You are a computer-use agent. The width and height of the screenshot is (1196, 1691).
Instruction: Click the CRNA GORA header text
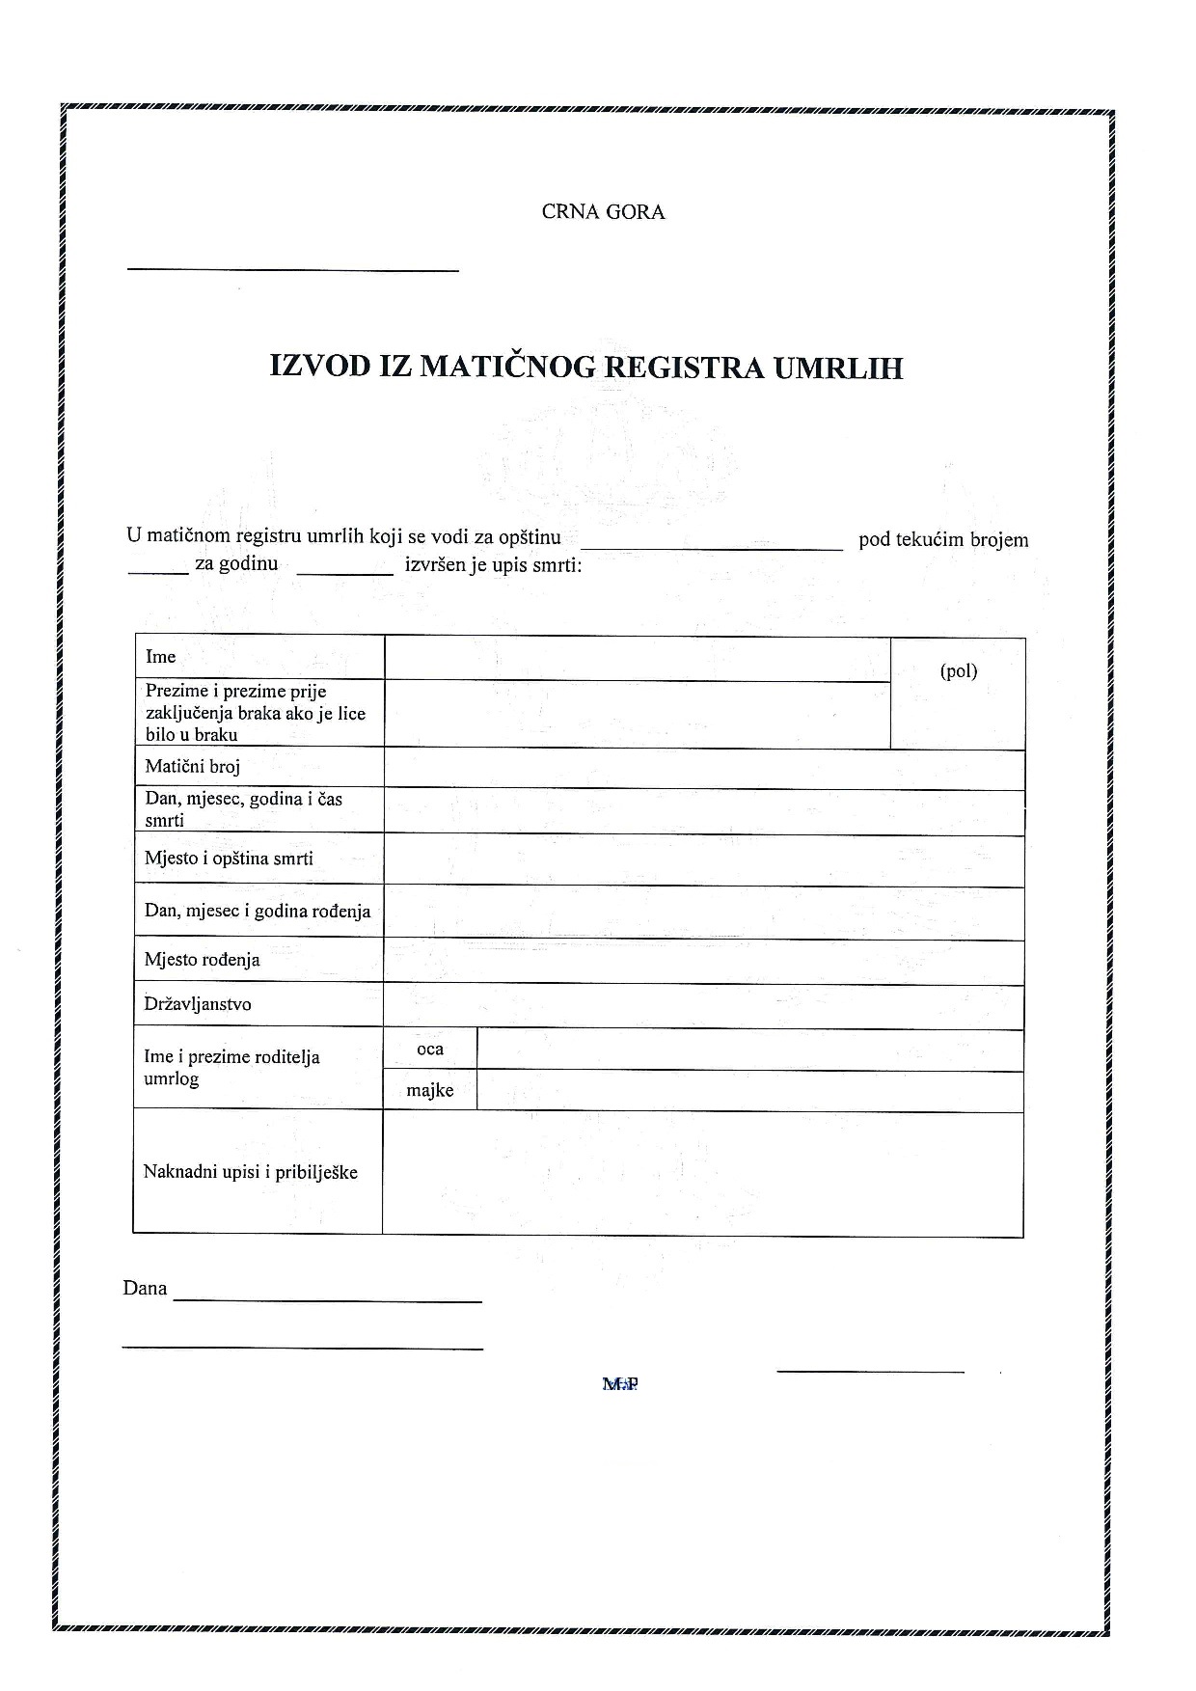point(603,212)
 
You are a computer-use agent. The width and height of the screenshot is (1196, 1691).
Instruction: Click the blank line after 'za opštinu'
point(711,548)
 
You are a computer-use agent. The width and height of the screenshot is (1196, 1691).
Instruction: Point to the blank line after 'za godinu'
point(344,573)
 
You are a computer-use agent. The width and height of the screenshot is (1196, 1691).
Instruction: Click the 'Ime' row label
point(161,657)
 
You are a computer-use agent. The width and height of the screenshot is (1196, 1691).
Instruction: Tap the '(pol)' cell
point(958,671)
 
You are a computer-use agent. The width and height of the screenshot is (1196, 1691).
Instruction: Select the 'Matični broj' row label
point(192,767)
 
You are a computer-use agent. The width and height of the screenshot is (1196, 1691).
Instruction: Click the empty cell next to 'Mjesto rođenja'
point(703,962)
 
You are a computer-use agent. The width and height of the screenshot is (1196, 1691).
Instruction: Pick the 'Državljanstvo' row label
point(198,1004)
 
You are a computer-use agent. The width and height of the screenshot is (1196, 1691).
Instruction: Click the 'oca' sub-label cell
point(430,1049)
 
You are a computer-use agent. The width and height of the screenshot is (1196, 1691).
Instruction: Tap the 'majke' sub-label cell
point(430,1091)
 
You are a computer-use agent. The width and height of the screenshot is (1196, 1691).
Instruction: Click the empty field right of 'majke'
point(749,1091)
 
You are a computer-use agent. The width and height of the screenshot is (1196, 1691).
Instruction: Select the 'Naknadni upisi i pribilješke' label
point(250,1172)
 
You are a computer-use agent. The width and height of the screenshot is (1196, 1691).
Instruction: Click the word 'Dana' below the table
point(145,1289)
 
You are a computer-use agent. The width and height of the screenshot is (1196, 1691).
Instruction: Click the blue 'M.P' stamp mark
point(620,1384)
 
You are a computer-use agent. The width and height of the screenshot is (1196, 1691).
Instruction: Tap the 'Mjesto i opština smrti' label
point(229,859)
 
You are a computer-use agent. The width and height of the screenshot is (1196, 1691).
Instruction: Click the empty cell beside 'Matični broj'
point(703,769)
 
